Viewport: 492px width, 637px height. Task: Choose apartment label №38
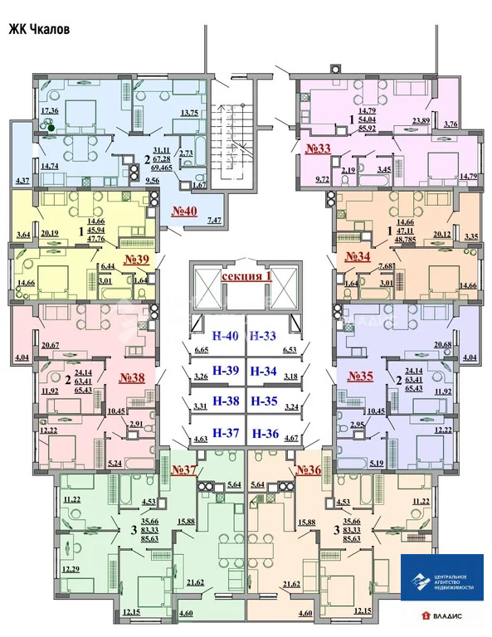coord(133,378)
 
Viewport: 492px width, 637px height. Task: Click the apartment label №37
coord(184,470)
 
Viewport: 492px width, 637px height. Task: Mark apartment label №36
coord(308,470)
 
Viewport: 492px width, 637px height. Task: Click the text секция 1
coord(246,275)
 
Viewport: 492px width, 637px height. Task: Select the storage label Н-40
coord(225,337)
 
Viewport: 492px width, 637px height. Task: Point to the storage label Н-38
coord(225,401)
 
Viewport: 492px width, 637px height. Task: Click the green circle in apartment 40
coord(51,127)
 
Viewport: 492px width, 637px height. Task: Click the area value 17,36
coord(50,110)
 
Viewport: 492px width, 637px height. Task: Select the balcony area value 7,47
coord(214,220)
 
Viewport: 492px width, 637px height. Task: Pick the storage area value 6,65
coord(201,351)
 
